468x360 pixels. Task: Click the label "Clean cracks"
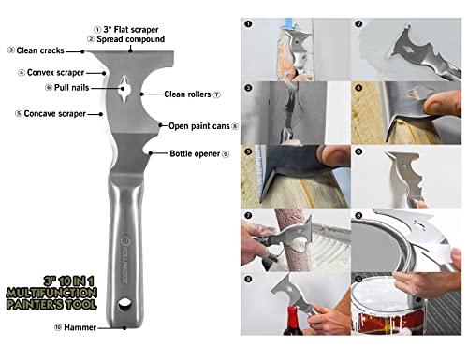tap(40, 50)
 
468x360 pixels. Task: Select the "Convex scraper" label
tap(55, 73)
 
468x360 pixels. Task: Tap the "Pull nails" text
tap(71, 88)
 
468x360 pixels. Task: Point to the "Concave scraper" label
tap(54, 114)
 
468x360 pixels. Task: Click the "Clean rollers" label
tap(187, 94)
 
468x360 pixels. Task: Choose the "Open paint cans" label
tap(199, 126)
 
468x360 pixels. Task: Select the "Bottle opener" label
tap(195, 153)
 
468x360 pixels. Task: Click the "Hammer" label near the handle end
tap(80, 327)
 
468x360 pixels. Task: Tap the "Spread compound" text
tap(130, 39)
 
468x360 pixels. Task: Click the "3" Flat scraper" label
tap(131, 30)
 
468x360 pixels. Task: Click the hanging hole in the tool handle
tap(124, 304)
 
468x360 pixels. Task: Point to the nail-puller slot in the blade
tap(124, 89)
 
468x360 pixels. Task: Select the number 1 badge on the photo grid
tap(248, 24)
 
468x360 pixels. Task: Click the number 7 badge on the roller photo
tap(248, 215)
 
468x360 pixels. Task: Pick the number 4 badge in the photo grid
tap(358, 88)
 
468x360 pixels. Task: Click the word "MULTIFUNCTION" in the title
tap(51, 293)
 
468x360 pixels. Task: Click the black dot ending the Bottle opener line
tap(151, 153)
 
